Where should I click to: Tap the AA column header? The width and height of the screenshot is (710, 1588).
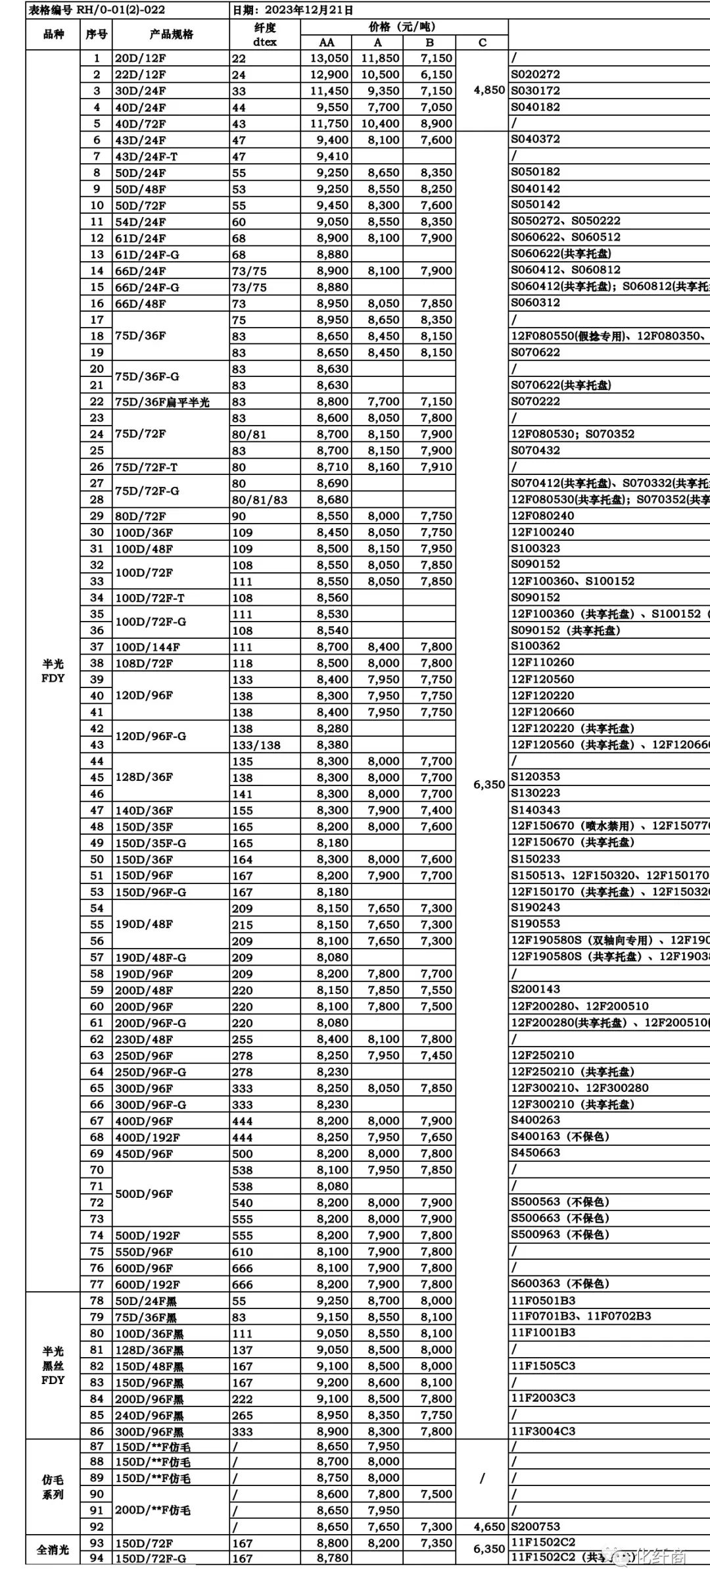click(326, 43)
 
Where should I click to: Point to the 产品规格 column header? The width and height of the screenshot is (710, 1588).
click(171, 34)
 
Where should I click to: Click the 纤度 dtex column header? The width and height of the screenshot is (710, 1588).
click(265, 34)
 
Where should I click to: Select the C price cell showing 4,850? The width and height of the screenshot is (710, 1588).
click(489, 90)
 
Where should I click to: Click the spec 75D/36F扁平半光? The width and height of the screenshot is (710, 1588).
click(162, 402)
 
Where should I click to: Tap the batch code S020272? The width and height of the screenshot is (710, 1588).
click(536, 74)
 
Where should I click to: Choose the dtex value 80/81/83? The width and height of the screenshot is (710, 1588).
click(260, 500)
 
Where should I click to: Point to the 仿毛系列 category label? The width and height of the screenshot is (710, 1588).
click(53, 1487)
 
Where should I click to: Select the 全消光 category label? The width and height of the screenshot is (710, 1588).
click(53, 1550)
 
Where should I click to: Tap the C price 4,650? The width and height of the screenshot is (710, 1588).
click(489, 1527)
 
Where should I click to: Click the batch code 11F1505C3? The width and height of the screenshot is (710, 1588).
click(543, 1366)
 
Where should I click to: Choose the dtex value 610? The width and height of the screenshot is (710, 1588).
click(242, 1252)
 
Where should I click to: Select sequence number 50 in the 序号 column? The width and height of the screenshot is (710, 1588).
click(97, 859)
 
